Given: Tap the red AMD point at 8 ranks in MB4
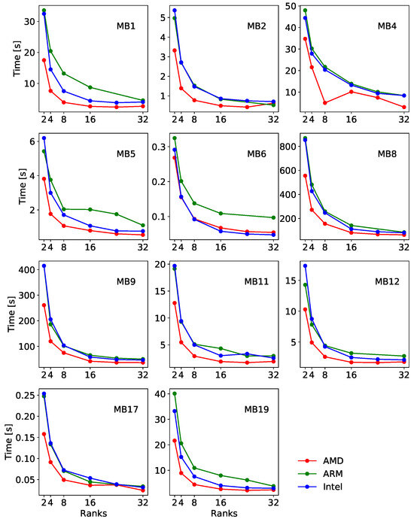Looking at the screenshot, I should point(325,103).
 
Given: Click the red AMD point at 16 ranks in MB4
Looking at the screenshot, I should point(352,92).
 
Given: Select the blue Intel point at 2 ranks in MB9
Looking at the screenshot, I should point(44,266).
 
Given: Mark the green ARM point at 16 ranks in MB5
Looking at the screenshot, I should point(90,209).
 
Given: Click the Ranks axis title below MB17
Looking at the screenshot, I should point(93,513).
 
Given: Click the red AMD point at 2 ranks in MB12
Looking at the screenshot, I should point(305,309).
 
